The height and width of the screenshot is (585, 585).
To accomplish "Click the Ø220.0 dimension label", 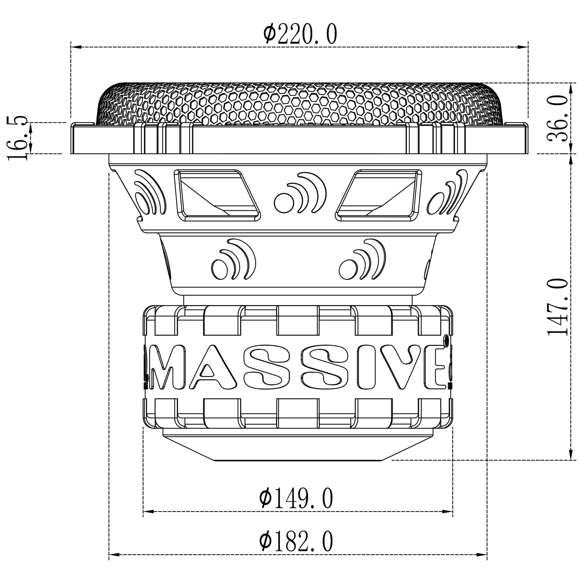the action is click(300, 35).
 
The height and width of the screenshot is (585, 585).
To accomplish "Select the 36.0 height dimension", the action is click(558, 119).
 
